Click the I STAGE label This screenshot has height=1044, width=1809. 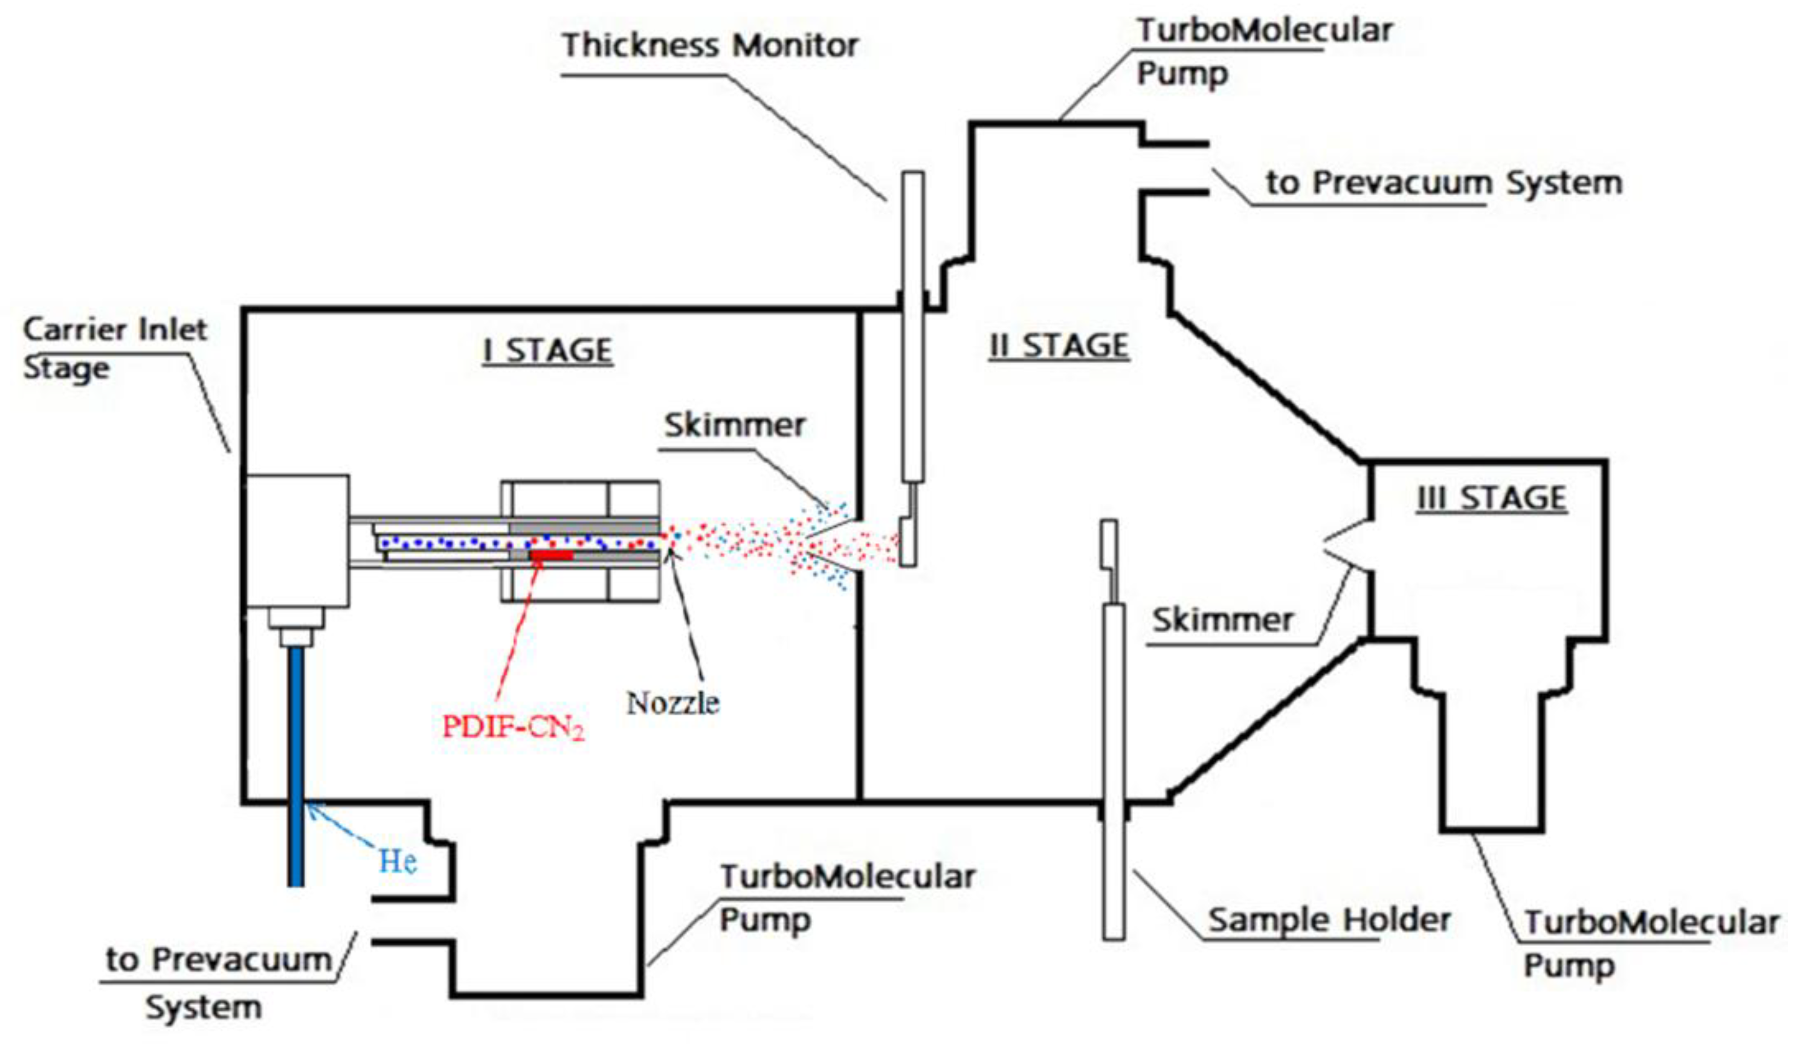(x=548, y=350)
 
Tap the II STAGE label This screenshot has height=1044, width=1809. (x=1059, y=346)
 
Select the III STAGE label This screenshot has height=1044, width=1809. (x=1491, y=498)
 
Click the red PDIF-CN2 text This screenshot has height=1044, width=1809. (x=512, y=727)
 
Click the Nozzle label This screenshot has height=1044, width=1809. (x=672, y=703)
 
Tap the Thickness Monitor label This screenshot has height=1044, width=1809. (x=710, y=46)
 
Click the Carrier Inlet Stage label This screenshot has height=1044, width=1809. (x=115, y=349)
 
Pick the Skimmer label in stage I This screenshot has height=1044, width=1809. (x=734, y=425)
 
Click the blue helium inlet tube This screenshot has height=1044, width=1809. (x=295, y=767)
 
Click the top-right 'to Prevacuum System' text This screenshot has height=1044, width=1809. (x=1443, y=183)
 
